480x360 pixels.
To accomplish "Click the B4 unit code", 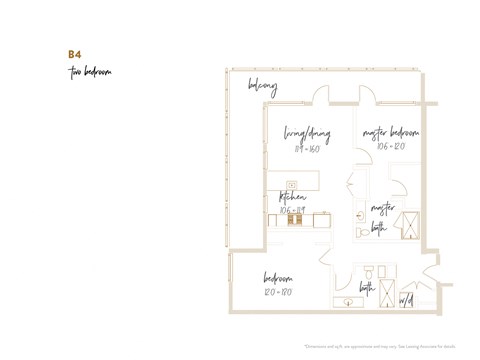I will (74, 54).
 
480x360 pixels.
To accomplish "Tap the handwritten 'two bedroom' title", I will (90, 72).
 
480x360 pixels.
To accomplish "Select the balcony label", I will (262, 87).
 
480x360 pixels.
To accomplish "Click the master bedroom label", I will (390, 132).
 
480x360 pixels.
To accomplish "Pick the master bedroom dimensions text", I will (390, 146).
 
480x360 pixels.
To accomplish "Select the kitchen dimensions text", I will (293, 210).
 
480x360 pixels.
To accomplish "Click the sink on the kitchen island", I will (292, 184).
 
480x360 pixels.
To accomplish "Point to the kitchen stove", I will (296, 220).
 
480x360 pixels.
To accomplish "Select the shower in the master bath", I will (407, 222).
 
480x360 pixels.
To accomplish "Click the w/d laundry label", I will (406, 299).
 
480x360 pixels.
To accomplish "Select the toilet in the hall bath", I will (368, 273).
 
